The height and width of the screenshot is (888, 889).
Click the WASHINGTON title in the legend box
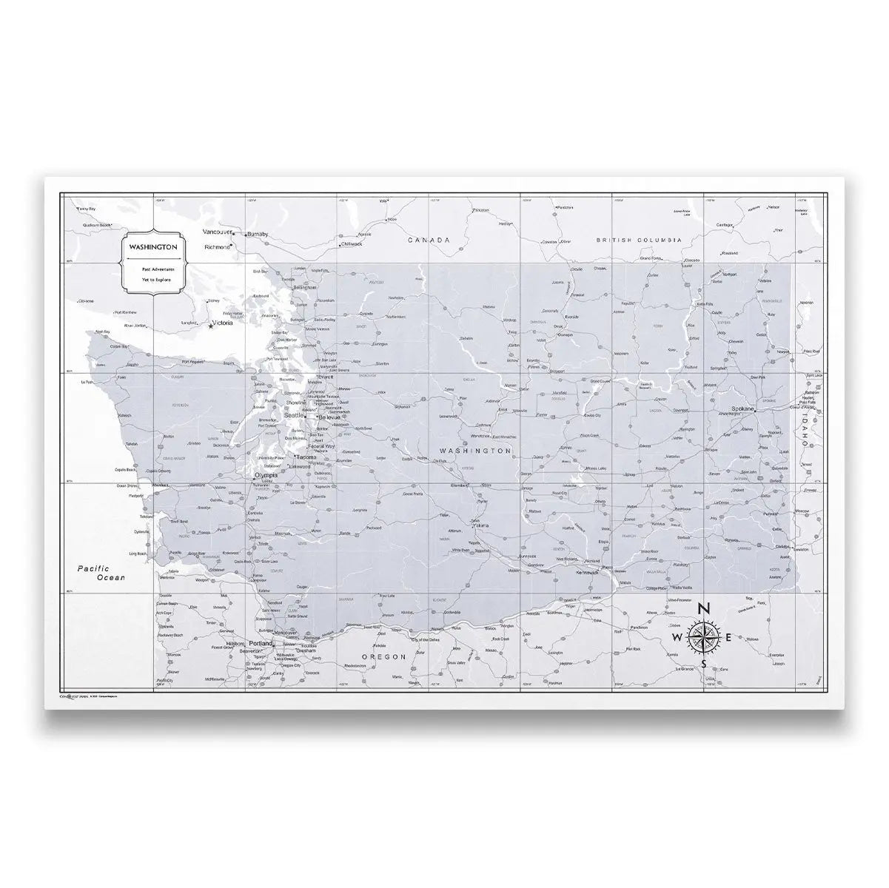152,246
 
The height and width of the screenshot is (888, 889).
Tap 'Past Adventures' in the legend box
152,269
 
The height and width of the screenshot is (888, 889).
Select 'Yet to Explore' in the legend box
152,280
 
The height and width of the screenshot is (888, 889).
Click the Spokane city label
741,408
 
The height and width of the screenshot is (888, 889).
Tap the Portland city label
261,643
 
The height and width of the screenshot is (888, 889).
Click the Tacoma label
306,457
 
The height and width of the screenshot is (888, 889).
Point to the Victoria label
223,323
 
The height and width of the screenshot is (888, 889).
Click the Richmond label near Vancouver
217,246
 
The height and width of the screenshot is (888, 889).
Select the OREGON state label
385,656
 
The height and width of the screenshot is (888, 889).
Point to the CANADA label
429,240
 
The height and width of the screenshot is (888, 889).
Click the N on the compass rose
704,608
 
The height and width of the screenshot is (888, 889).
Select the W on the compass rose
677,637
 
